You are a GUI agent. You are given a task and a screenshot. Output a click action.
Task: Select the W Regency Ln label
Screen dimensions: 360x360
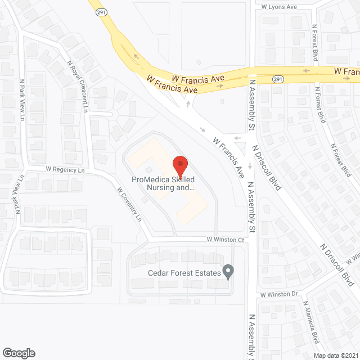click(x=65, y=169)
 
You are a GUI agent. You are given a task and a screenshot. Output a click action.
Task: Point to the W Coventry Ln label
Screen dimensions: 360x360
click(x=129, y=204)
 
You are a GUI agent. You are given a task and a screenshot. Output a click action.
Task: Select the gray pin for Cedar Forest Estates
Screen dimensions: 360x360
click(x=228, y=272)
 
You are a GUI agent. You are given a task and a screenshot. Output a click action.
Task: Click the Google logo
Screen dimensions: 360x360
click(x=18, y=353)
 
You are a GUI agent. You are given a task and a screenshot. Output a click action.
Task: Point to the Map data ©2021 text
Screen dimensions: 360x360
click(x=335, y=355)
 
